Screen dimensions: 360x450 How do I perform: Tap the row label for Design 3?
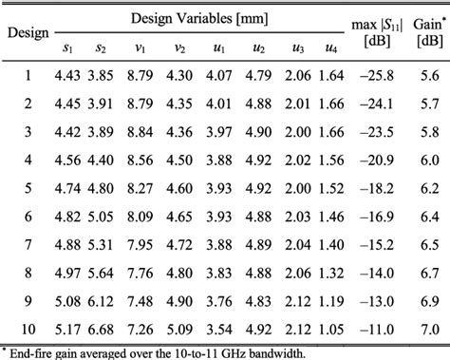coord(28,131)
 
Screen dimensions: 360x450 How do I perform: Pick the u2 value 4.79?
coord(258,75)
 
